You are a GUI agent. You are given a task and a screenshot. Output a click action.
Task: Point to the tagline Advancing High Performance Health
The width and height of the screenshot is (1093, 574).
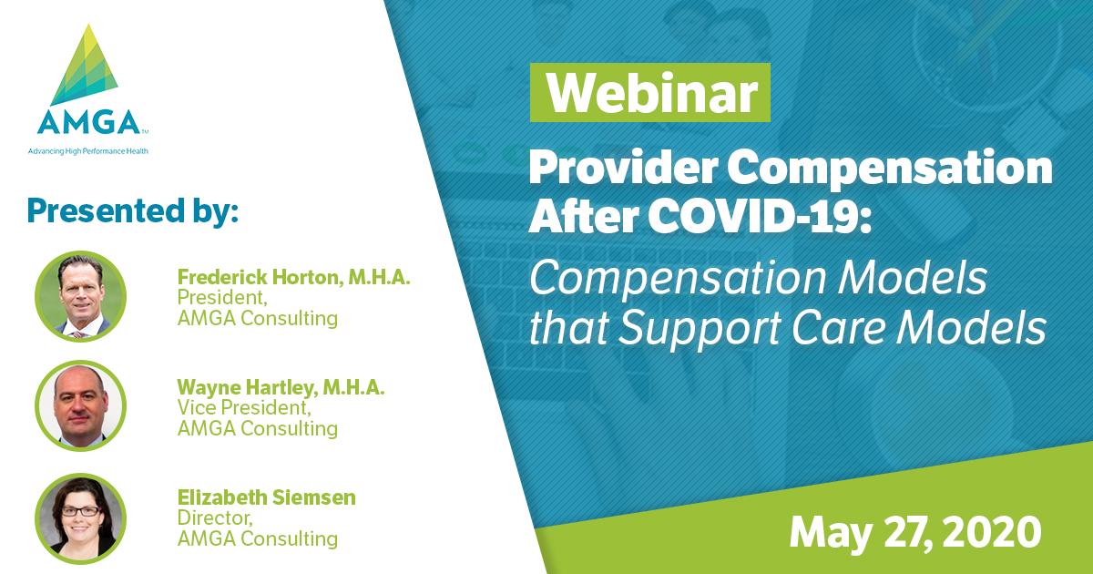click(87, 150)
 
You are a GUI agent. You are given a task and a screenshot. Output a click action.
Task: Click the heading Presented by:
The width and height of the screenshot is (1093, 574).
click(133, 210)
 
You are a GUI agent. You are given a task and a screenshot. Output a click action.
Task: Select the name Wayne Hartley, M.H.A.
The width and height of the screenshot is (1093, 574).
click(281, 387)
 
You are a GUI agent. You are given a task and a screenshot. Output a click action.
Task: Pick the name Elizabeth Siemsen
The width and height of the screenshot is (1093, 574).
click(266, 497)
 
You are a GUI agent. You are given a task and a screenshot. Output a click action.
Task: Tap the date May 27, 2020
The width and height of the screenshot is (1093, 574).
click(914, 530)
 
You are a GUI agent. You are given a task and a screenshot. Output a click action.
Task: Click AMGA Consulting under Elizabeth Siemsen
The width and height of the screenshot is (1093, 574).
click(257, 538)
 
